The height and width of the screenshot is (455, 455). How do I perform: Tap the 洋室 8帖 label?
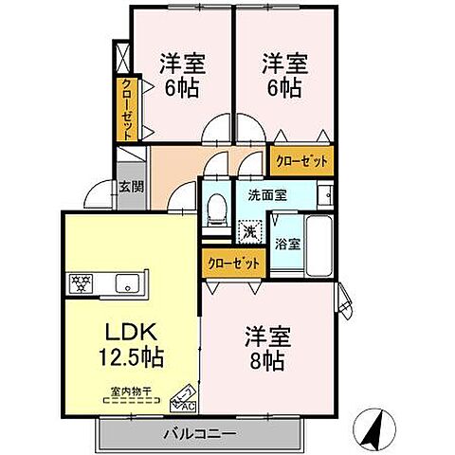pos(268,348)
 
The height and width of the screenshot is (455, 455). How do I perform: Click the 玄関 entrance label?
pos(131,187)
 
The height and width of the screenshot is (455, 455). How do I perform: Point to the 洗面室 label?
pos(266,196)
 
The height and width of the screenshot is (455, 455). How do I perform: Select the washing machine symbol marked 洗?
pos(249,230)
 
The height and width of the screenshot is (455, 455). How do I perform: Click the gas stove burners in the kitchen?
pos(79,282)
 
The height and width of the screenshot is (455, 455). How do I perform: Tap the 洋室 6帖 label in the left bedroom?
pos(182,76)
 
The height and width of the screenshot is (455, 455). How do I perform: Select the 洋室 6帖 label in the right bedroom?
pos(282,76)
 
